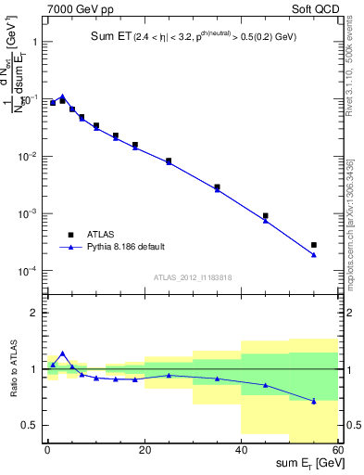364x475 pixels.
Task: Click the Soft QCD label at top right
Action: [315, 8]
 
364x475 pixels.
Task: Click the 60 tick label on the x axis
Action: [337, 450]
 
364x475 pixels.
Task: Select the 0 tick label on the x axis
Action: [47, 450]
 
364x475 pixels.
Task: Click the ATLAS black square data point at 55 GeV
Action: [314, 245]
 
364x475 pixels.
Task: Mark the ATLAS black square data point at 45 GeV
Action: [266, 215]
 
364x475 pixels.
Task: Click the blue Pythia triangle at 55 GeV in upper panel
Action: [314, 254]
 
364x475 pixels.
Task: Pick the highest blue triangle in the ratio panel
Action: [62, 353]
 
